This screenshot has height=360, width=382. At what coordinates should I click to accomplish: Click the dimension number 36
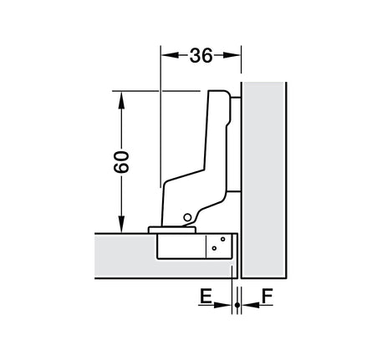(201, 55)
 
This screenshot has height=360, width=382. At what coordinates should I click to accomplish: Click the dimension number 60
(121, 162)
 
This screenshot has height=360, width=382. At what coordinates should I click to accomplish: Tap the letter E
(206, 296)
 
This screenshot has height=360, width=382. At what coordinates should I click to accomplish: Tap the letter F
(267, 296)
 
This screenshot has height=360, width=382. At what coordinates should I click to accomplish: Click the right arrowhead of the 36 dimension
(232, 55)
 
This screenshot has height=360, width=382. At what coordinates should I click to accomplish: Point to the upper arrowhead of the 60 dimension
(121, 100)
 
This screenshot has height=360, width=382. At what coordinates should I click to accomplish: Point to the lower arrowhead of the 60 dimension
(121, 224)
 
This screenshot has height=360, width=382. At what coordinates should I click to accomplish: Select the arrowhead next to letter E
(222, 305)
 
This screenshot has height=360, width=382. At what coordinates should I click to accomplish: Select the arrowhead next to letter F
(251, 305)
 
